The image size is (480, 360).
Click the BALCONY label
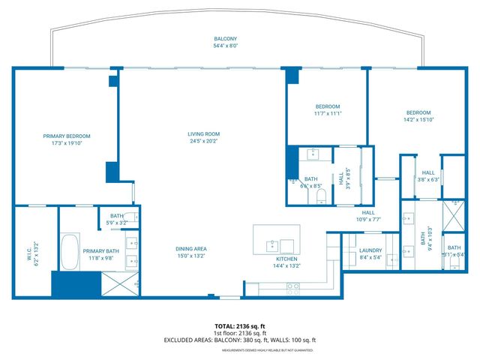[225, 39]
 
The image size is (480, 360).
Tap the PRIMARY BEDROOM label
[67, 136]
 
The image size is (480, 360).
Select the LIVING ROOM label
[202, 134]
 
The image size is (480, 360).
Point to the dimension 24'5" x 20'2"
[202, 141]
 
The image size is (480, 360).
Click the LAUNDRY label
[370, 250]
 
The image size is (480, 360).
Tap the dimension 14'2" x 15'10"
[418, 119]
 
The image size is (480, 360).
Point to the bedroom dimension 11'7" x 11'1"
[328, 113]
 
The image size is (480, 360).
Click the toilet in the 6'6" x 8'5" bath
[321, 196]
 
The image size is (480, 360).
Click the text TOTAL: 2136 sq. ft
[240, 326]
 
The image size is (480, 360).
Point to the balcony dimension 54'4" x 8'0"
[225, 46]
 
